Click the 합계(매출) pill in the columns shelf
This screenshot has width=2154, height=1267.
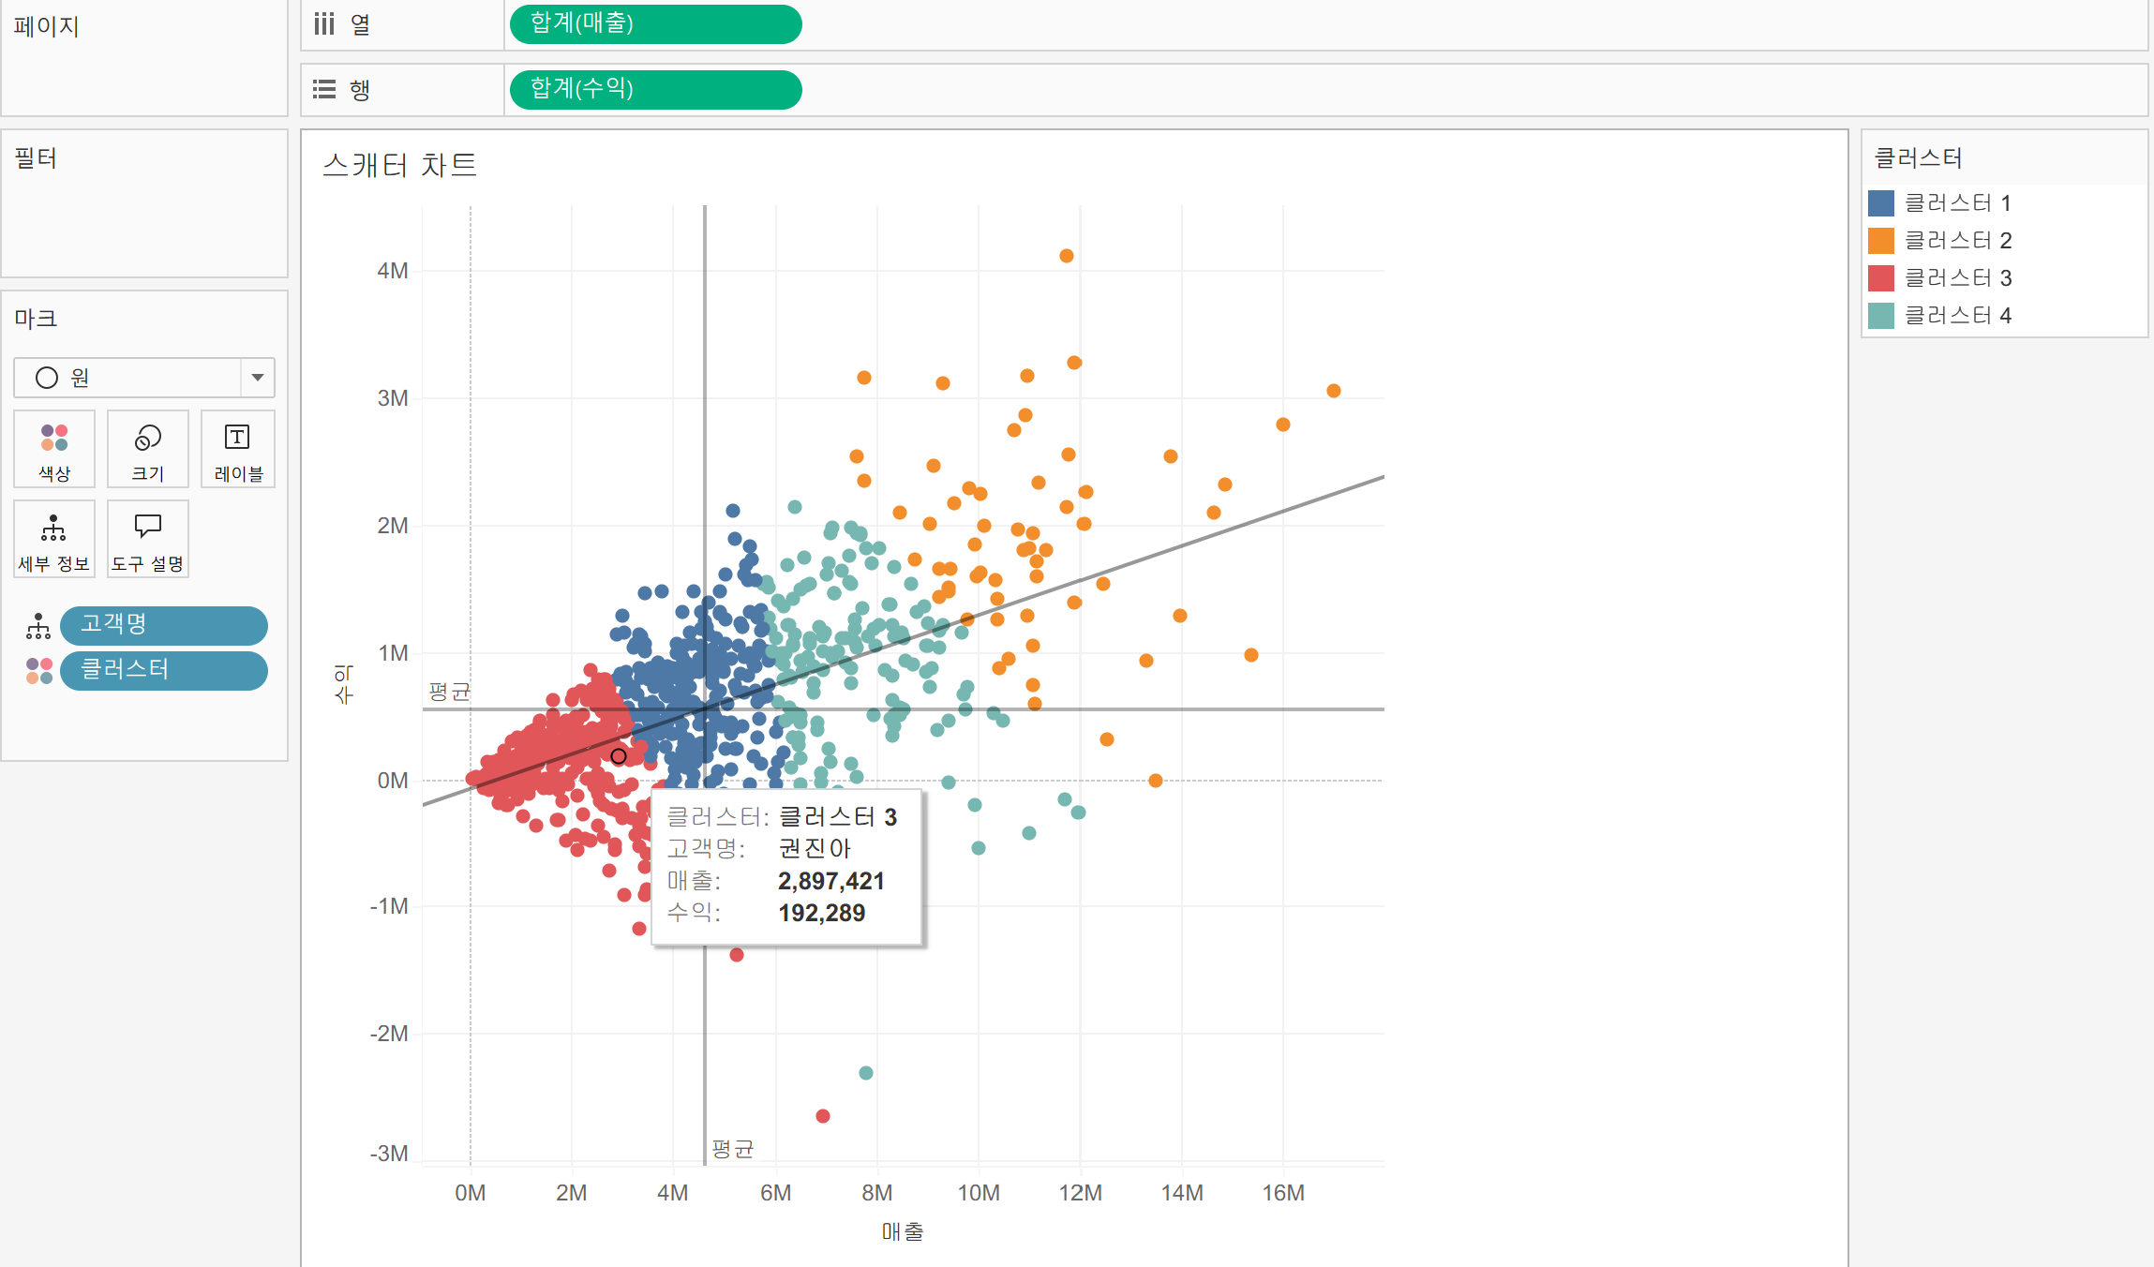pos(654,23)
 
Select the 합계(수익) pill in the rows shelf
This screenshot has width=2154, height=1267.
pos(654,89)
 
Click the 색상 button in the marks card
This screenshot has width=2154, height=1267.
pos(54,449)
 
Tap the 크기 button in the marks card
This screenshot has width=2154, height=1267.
pos(147,449)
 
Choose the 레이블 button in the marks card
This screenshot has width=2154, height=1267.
pos(238,449)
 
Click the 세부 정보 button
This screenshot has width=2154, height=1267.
pos(54,539)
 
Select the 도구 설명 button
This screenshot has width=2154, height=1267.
pos(147,539)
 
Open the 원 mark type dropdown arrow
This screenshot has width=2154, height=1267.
pos(257,378)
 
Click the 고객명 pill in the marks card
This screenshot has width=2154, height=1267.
pos(163,625)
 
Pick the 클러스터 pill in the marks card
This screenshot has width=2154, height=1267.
pos(163,670)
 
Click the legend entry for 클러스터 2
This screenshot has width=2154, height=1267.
pos(1957,241)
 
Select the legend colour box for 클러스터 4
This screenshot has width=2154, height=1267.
pos(1880,316)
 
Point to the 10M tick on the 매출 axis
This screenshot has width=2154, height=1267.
pos(978,1193)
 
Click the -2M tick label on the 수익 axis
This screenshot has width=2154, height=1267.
pos(389,1034)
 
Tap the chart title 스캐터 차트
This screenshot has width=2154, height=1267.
pos(399,165)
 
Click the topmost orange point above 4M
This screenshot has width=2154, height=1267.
pos(1066,256)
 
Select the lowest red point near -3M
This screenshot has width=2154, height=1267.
pos(822,1116)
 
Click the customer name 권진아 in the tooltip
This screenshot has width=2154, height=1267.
pos(814,848)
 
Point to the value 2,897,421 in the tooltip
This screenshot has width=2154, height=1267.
pos(830,881)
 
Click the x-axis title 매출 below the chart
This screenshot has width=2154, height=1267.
pos(902,1232)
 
